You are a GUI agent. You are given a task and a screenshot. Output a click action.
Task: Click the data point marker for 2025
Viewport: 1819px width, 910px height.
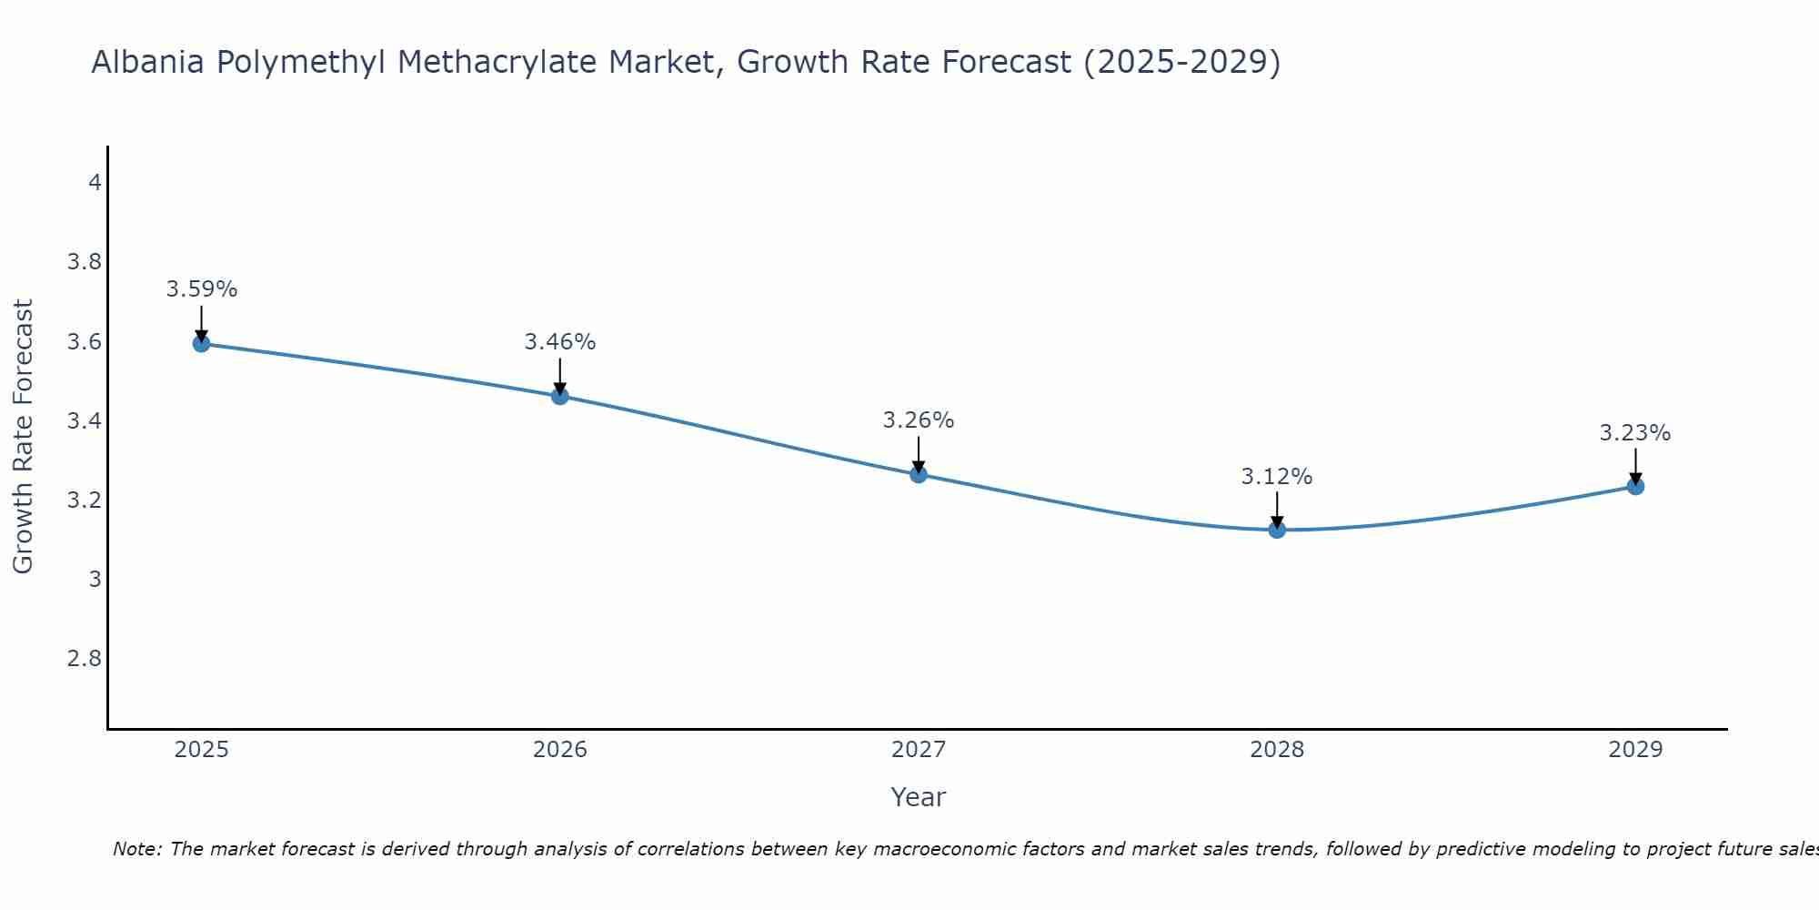coord(201,343)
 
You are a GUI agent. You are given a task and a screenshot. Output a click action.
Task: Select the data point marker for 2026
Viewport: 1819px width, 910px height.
coord(559,396)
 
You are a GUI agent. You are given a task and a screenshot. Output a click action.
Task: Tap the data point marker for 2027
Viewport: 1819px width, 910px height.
coord(918,474)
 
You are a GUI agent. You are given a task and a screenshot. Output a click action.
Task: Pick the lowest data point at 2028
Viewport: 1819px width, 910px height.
coord(1277,530)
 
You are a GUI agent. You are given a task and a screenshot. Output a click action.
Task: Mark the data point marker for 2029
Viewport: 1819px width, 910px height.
coord(1635,486)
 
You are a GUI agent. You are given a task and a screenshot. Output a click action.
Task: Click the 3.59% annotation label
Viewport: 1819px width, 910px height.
coord(201,289)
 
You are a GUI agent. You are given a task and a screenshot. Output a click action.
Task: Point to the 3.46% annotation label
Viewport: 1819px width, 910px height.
coord(559,342)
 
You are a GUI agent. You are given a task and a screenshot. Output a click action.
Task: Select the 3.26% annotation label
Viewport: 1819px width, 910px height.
coord(918,420)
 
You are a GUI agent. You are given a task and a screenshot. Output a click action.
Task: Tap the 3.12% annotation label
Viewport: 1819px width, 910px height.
coord(1277,477)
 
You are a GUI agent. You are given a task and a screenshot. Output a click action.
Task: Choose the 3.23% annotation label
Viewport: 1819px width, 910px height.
coord(1635,433)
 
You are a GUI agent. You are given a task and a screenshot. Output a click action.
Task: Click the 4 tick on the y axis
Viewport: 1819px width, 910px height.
coord(95,183)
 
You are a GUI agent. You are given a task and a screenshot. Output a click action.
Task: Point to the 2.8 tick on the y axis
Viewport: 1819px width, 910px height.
coord(85,659)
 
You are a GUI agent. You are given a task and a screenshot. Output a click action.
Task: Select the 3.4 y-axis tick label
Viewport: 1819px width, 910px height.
coord(85,421)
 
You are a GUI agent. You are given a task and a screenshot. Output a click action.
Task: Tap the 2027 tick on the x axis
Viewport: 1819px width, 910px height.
coord(918,750)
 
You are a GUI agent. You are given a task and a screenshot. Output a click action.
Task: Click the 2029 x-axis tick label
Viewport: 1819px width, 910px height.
coord(1635,750)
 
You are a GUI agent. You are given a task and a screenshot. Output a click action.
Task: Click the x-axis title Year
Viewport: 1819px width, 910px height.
coord(918,797)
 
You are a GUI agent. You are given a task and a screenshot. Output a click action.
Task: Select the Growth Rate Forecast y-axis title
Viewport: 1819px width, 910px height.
coord(23,437)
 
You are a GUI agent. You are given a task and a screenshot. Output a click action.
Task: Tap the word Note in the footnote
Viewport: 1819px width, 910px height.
coord(136,849)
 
